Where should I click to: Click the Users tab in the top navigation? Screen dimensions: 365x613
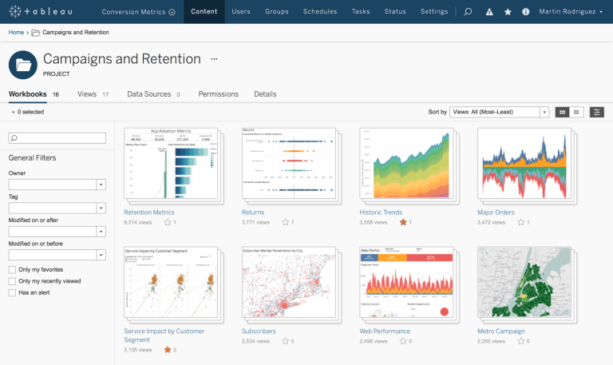pyautogui.click(x=240, y=12)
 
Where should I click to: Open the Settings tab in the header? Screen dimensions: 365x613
pyautogui.click(x=434, y=12)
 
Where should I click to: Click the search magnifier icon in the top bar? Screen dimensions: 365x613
pyautogui.click(x=469, y=12)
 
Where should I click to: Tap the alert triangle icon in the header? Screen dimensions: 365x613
pyautogui.click(x=489, y=12)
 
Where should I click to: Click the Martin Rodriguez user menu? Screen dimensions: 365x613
pyautogui.click(x=571, y=12)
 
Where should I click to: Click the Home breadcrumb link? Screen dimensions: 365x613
pyautogui.click(x=16, y=32)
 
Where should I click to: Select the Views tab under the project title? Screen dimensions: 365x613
pyautogui.click(x=87, y=94)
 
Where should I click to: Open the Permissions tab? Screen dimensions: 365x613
pyautogui.click(x=218, y=94)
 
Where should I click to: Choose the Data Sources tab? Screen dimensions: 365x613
pyautogui.click(x=149, y=94)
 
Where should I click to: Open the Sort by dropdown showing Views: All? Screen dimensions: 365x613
pyautogui.click(x=499, y=112)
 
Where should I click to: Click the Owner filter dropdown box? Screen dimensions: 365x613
pyautogui.click(x=57, y=184)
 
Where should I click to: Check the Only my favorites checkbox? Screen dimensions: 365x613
pyautogui.click(x=12, y=270)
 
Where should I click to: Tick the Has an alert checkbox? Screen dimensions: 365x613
pyautogui.click(x=12, y=292)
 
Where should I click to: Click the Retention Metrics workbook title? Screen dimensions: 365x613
pyautogui.click(x=148, y=212)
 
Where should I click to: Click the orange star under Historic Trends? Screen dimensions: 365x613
pyautogui.click(x=403, y=222)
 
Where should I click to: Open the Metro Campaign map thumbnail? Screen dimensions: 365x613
pyautogui.click(x=523, y=282)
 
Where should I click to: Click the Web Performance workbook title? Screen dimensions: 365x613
pyautogui.click(x=385, y=331)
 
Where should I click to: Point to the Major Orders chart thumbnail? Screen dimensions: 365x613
pyautogui.click(x=523, y=164)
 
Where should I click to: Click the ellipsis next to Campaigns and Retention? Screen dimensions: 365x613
pyautogui.click(x=214, y=59)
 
